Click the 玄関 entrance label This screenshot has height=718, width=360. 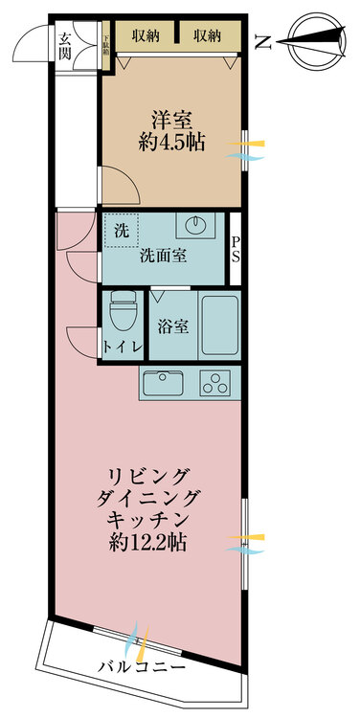click(x=65, y=45)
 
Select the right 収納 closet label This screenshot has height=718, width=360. click(x=207, y=36)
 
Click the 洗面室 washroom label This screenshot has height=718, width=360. click(x=163, y=256)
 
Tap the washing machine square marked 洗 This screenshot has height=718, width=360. click(x=121, y=230)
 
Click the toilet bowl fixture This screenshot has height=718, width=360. click(x=122, y=308)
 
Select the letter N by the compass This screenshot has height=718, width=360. click(x=263, y=41)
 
